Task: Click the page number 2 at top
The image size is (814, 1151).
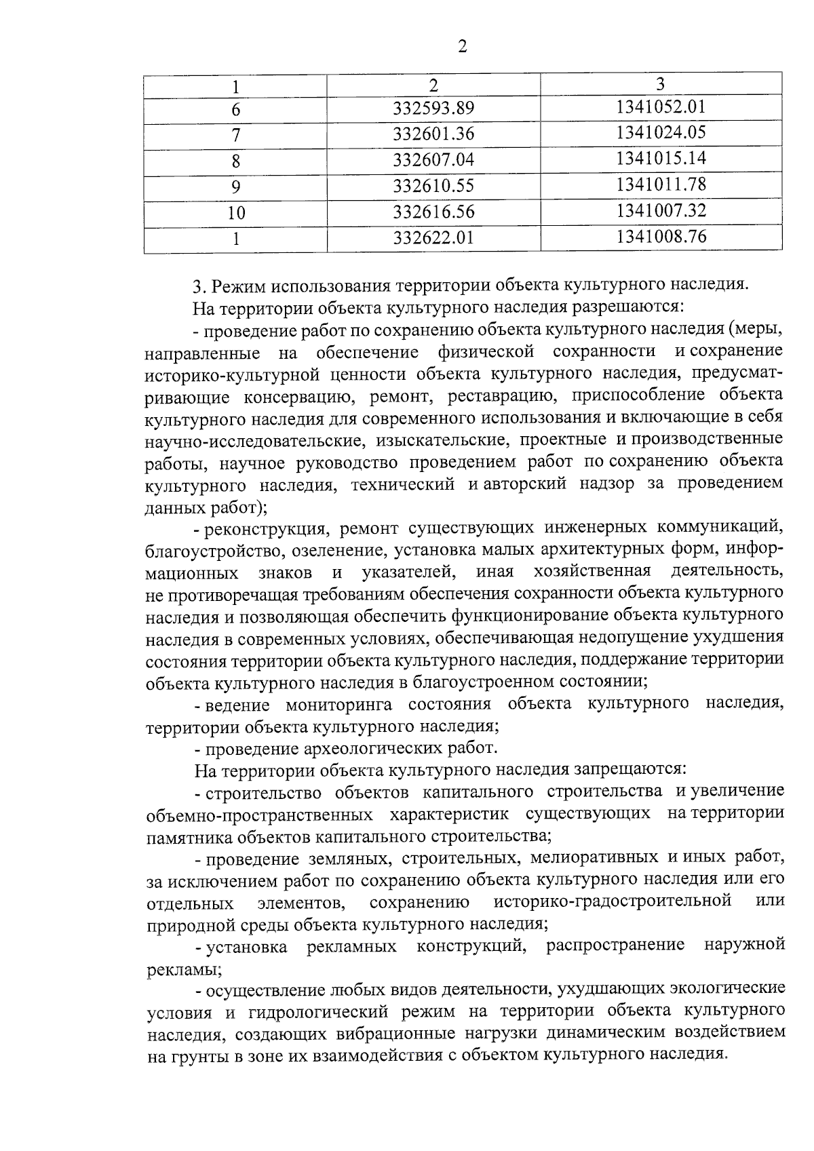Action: [463, 47]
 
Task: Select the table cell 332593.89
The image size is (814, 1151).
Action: [433, 109]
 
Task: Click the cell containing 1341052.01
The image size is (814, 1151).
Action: [661, 106]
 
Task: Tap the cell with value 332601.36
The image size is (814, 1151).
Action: [433, 134]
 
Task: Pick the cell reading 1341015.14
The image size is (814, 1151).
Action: [661, 159]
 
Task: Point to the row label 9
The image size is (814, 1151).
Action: [235, 187]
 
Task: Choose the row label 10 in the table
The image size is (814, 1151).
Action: [235, 213]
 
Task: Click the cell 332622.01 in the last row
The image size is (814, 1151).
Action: [433, 239]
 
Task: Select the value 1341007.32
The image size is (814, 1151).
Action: [661, 211]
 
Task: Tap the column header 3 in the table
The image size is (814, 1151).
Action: [661, 83]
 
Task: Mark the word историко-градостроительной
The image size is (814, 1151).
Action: [613, 902]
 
